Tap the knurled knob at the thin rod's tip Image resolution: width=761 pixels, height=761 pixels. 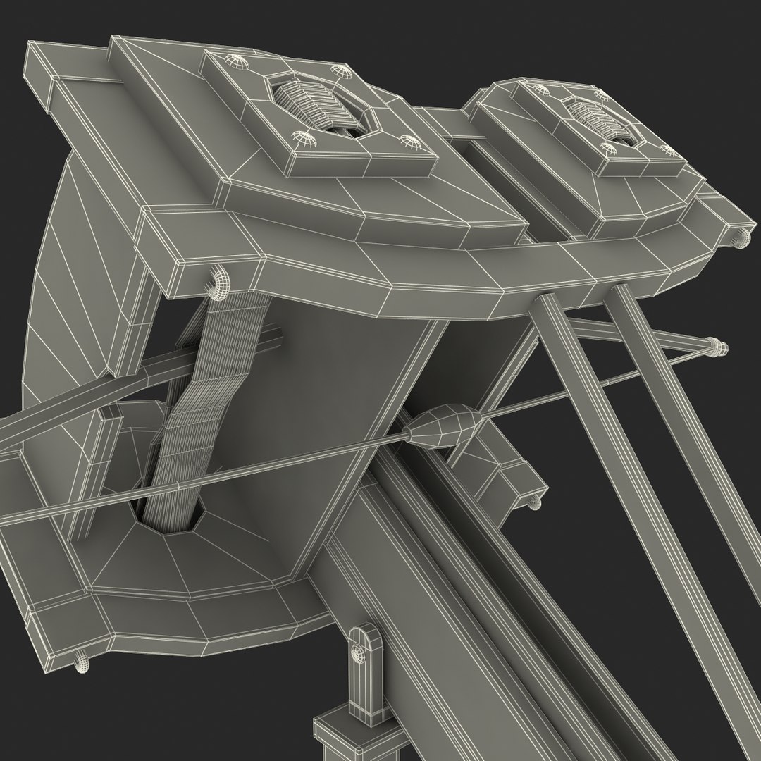pyautogui.click(x=717, y=346)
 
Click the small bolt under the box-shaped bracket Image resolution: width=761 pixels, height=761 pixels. pyautogui.click(x=533, y=501)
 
